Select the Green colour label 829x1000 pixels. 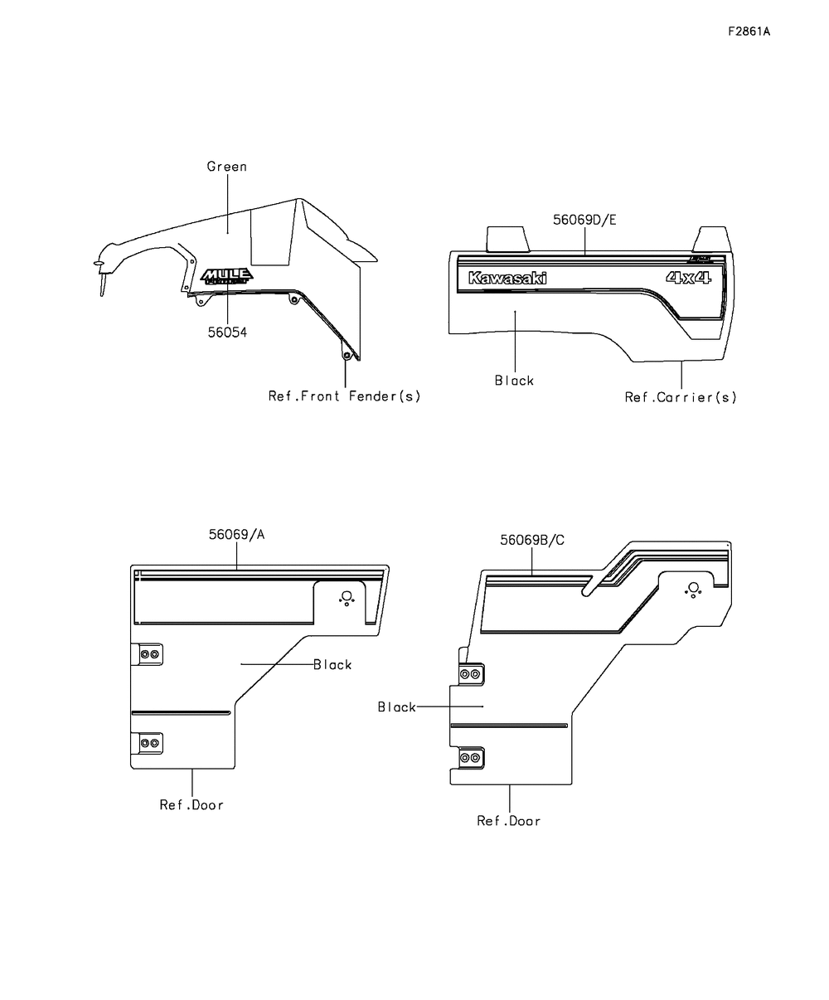pyautogui.click(x=226, y=167)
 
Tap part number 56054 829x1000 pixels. pyautogui.click(x=227, y=332)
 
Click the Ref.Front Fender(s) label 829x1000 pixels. pyautogui.click(x=344, y=396)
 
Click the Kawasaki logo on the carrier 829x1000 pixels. pyautogui.click(x=507, y=279)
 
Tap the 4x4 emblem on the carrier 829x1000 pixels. pyautogui.click(x=688, y=279)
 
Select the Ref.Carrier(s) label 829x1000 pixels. pyautogui.click(x=681, y=397)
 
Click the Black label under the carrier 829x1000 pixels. pyautogui.click(x=514, y=381)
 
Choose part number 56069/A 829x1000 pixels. pyautogui.click(x=236, y=535)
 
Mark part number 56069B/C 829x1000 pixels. pyautogui.click(x=532, y=540)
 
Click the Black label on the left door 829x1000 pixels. pyautogui.click(x=332, y=665)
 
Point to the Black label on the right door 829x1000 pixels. pyautogui.click(x=397, y=707)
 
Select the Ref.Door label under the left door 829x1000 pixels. pyautogui.click(x=191, y=804)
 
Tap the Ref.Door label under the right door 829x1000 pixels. pyautogui.click(x=508, y=821)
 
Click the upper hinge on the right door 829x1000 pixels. pyautogui.click(x=469, y=674)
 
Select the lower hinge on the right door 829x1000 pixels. pyautogui.click(x=469, y=758)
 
